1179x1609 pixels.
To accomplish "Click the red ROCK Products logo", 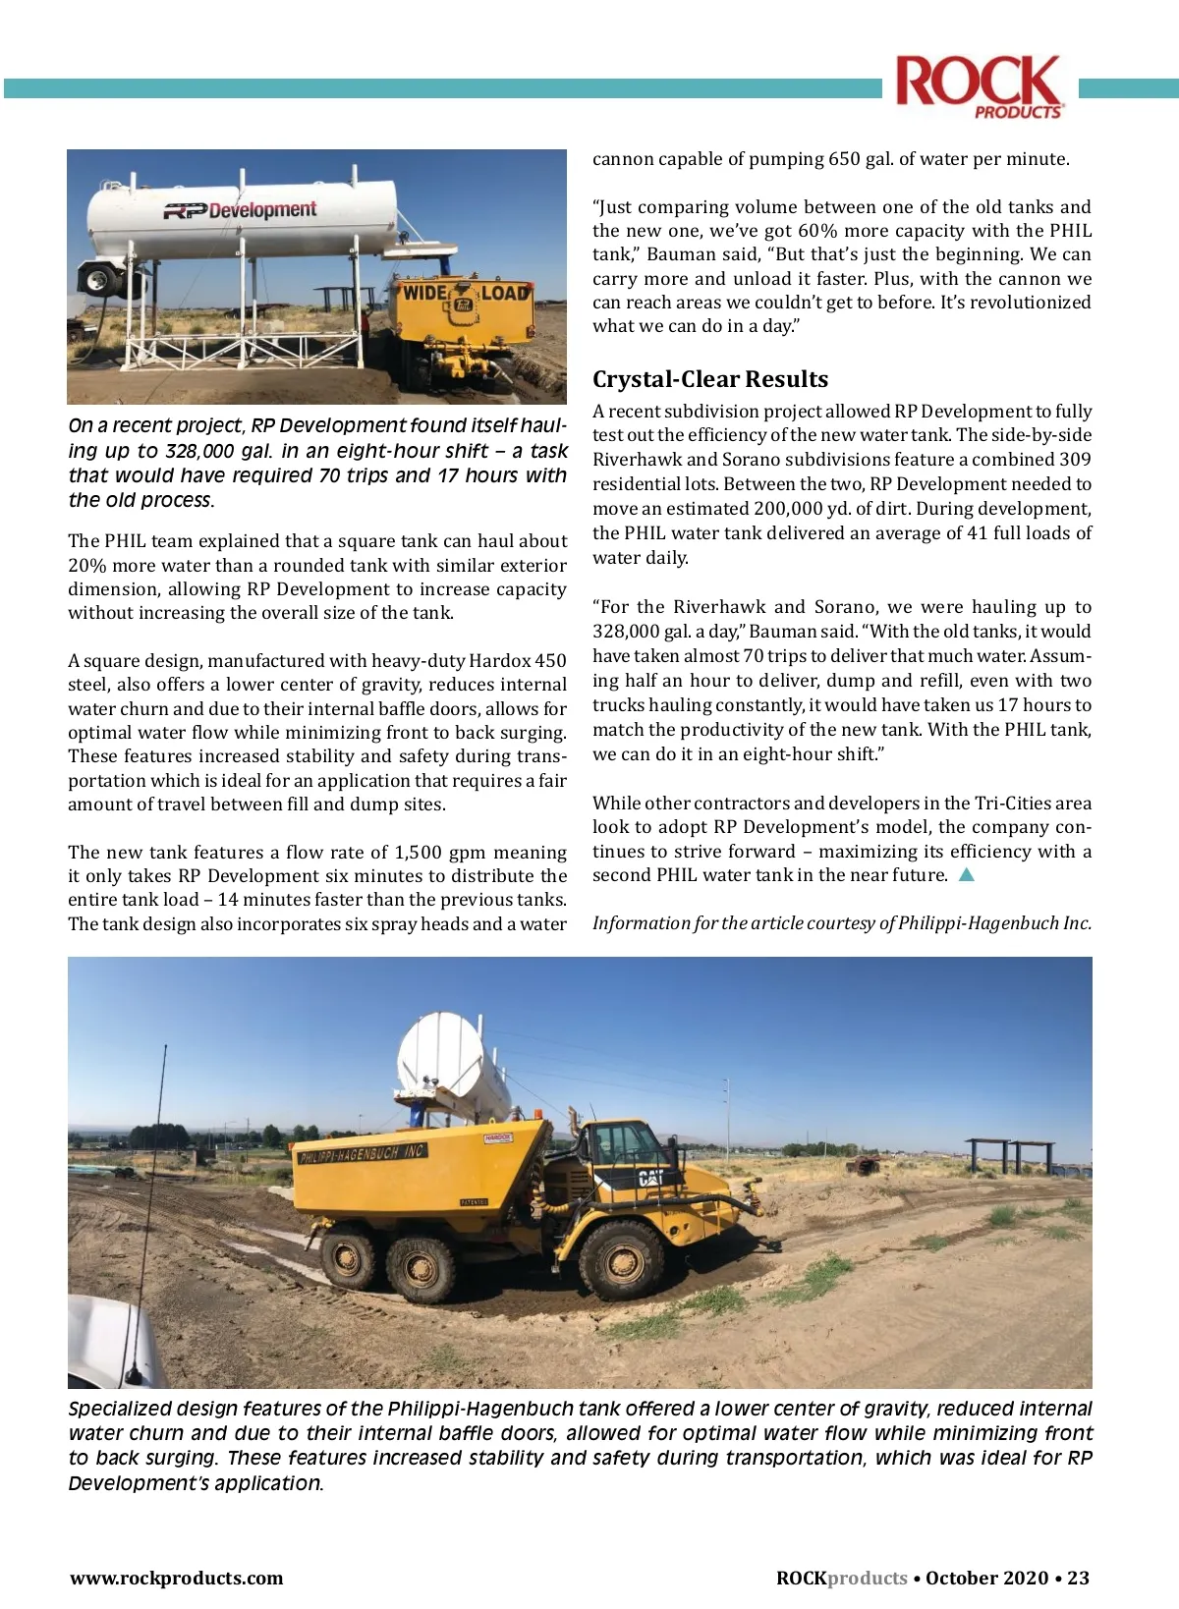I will click(979, 86).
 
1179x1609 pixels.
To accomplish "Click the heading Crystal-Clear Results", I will click(709, 379).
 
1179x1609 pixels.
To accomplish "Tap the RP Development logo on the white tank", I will click(241, 210).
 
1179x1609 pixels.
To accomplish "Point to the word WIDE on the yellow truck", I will click(424, 293).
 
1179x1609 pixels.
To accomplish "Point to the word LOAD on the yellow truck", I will click(504, 293).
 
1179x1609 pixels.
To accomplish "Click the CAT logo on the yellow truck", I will click(650, 1178).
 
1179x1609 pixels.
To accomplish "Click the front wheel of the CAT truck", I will click(620, 1259).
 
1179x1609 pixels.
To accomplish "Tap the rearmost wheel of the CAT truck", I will click(349, 1256).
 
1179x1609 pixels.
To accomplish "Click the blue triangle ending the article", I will click(966, 875).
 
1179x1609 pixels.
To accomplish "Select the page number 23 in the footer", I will click(1078, 1578).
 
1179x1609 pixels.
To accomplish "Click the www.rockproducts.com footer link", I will click(176, 1578).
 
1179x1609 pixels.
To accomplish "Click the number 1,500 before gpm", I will click(418, 852).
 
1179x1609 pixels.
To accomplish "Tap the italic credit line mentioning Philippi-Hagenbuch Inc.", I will click(841, 922).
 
